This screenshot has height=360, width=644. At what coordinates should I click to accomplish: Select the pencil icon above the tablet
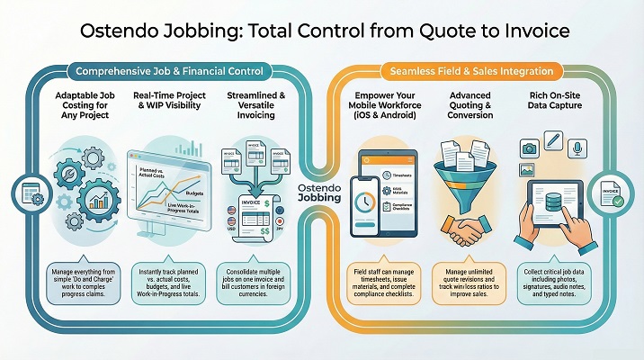tap(553, 139)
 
